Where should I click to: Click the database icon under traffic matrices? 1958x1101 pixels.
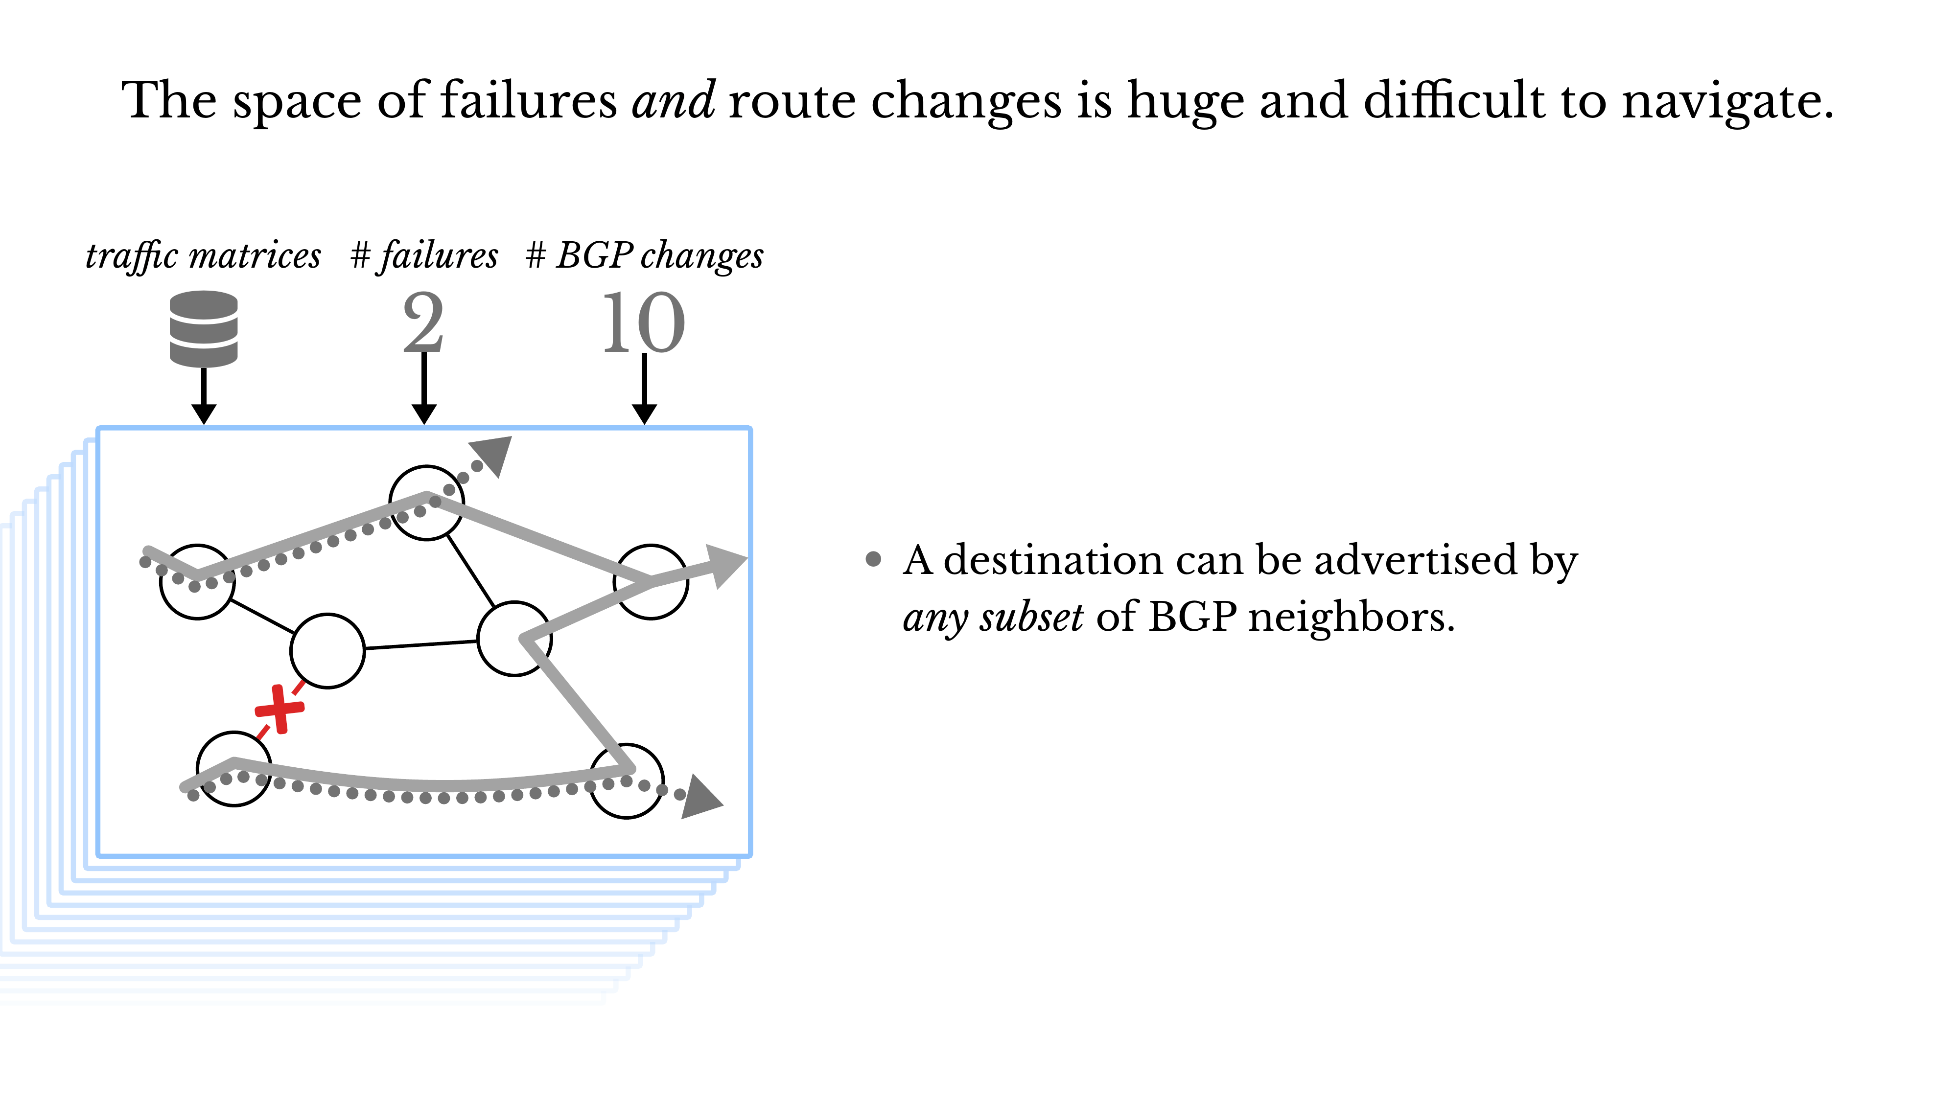point(203,328)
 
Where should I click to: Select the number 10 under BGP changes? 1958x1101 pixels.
point(643,323)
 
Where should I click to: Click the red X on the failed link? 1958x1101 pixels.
point(280,709)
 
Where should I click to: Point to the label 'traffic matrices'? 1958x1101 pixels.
point(203,255)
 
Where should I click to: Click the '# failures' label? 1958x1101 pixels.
point(423,255)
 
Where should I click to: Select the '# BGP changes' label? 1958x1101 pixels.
point(644,255)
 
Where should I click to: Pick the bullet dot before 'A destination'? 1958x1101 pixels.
point(873,560)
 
